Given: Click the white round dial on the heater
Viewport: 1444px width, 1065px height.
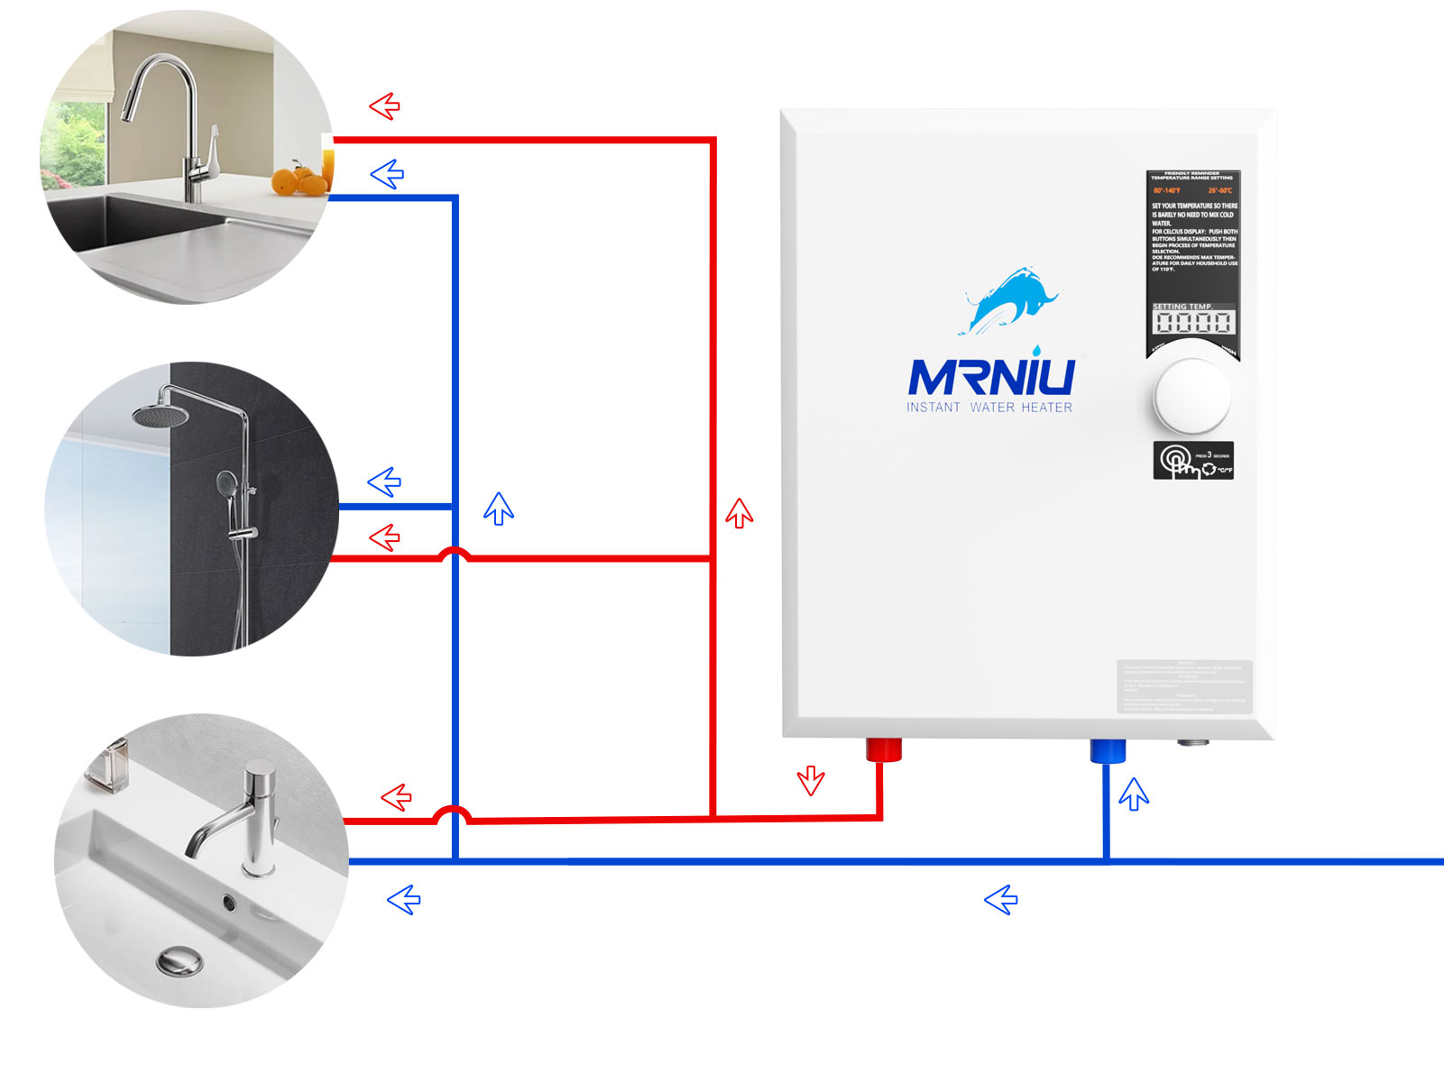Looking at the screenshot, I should (x=1191, y=397).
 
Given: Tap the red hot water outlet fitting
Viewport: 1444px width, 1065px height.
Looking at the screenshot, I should (x=883, y=749).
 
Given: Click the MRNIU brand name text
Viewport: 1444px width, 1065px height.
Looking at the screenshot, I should (x=991, y=377).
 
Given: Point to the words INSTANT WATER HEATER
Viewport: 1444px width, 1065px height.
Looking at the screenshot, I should (x=989, y=408).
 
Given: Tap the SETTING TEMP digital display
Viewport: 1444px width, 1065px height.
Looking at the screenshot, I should (x=1192, y=322).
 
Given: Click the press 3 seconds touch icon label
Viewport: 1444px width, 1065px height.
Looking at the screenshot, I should (x=1192, y=461).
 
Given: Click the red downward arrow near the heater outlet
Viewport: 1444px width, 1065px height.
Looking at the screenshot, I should (x=811, y=780).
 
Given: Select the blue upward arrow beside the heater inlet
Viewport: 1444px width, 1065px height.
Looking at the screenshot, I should (x=1134, y=794).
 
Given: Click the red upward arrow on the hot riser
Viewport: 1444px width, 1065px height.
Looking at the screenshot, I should (x=740, y=512).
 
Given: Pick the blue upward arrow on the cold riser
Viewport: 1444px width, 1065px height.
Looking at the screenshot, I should (x=499, y=509).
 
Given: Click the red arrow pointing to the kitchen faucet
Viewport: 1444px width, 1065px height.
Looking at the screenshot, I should (x=385, y=106).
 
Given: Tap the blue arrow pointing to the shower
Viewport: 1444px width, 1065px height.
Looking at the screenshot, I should (x=385, y=482).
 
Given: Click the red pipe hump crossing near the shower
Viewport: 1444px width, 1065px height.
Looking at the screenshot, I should (x=455, y=553).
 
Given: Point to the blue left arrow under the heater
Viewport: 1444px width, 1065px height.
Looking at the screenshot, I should (x=1001, y=899).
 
